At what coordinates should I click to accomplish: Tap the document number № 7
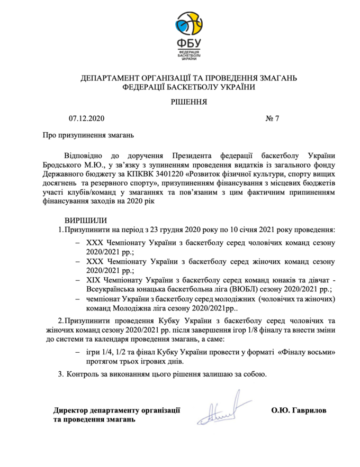pos(272,117)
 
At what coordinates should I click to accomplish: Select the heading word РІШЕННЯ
pos(188,100)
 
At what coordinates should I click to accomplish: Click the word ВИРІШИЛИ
pos(86,220)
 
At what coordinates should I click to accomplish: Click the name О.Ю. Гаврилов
pos(299,410)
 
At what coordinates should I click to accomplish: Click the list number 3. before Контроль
pos(60,374)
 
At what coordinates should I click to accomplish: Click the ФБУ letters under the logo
pos(188,43)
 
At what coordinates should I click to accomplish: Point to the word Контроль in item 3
pos(83,374)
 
